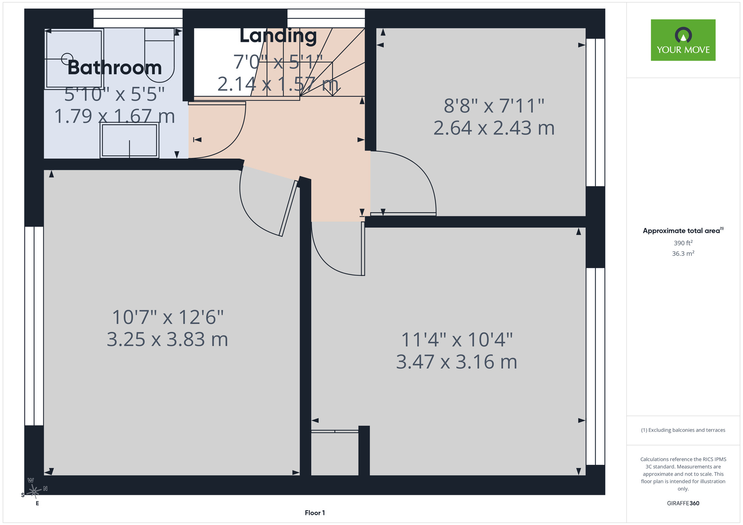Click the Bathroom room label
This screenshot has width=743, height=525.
(x=115, y=68)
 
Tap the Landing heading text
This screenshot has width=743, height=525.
(x=278, y=36)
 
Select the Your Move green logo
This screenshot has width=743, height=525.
(x=683, y=40)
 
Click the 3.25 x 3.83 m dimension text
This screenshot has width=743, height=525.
(x=168, y=339)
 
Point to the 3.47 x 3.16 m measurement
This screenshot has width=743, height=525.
(x=457, y=362)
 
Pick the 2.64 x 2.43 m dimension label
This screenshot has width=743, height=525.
(x=494, y=128)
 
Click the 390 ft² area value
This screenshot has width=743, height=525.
(x=683, y=243)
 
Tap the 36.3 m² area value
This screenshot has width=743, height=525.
(x=683, y=254)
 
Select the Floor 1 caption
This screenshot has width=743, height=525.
(x=315, y=513)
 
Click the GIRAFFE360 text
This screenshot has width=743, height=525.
(x=683, y=503)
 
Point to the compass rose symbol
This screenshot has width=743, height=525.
(x=34, y=491)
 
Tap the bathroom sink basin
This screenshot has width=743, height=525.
(x=129, y=140)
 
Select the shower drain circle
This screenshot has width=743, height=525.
(x=67, y=59)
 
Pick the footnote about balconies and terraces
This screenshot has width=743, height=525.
(x=683, y=430)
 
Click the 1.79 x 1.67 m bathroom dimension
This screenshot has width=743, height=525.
(x=114, y=116)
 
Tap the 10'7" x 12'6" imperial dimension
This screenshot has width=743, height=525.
(x=168, y=317)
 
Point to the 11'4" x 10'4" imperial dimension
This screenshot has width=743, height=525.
(x=457, y=340)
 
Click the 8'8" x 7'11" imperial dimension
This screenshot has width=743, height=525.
(x=494, y=106)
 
